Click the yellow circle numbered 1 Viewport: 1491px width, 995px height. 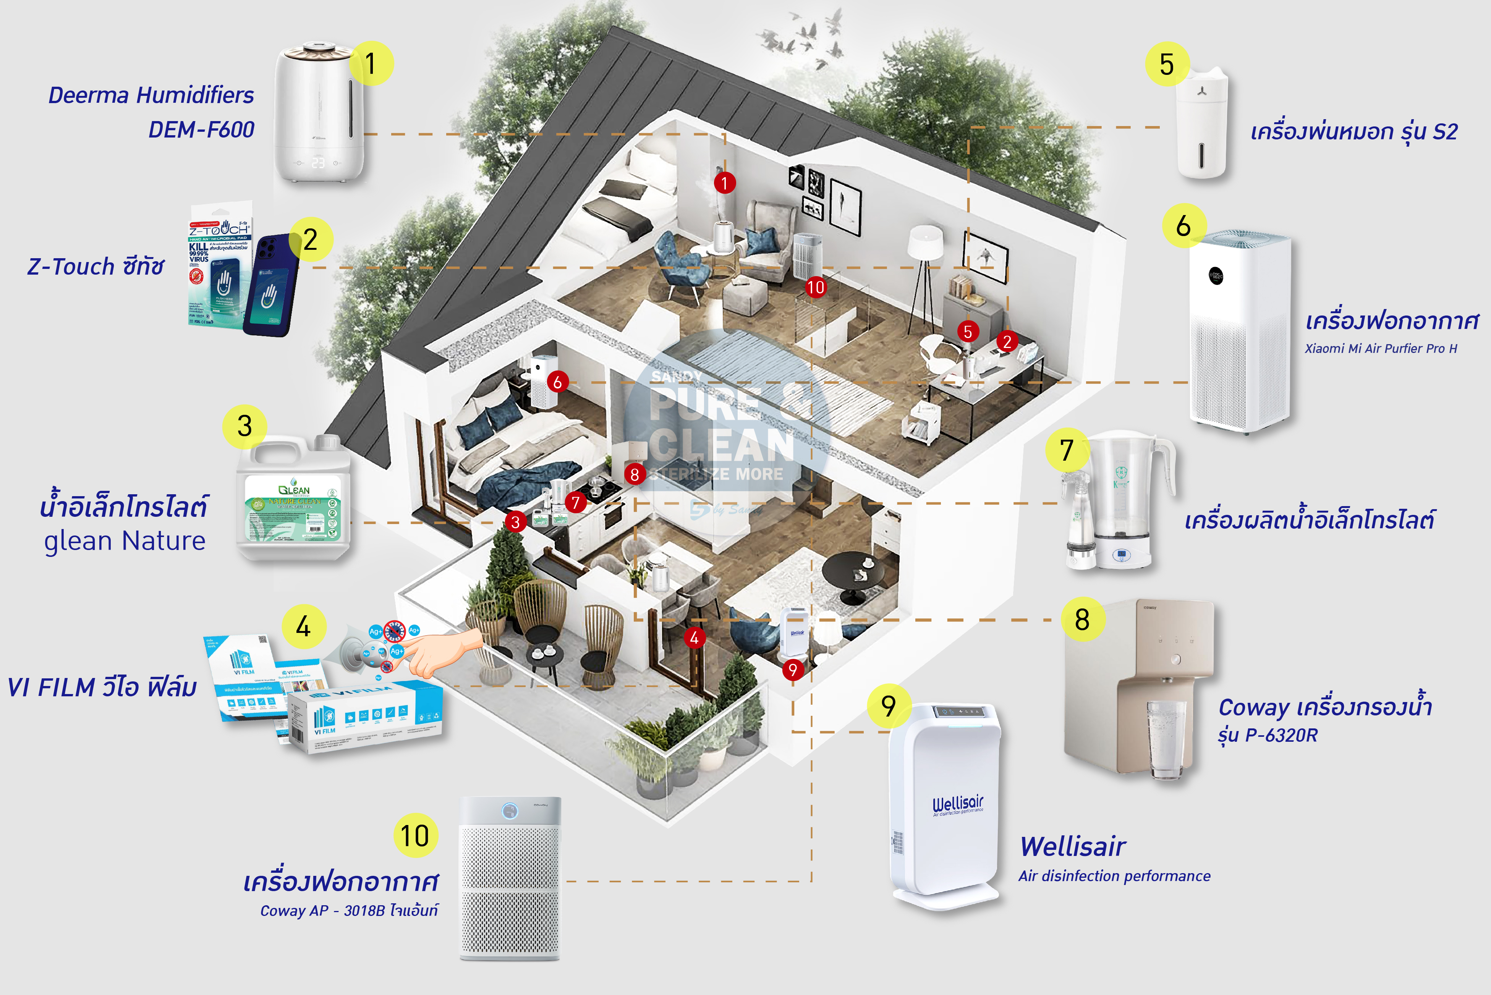click(371, 63)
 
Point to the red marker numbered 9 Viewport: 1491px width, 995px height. click(792, 670)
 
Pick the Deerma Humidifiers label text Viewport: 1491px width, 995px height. click(151, 95)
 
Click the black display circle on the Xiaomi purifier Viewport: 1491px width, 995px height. click(1216, 276)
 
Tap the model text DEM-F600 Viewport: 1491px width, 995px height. click(201, 129)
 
